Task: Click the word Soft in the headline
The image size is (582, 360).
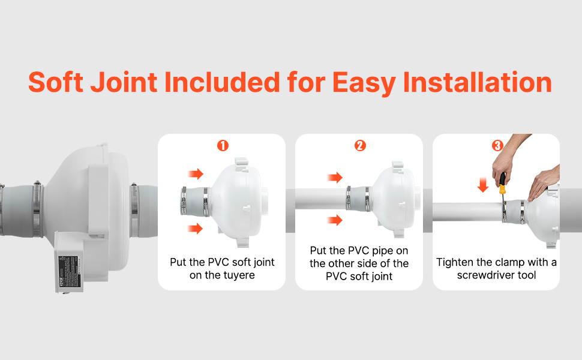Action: point(56,82)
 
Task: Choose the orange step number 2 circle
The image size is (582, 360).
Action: point(360,146)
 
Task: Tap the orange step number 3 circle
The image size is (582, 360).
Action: point(497,146)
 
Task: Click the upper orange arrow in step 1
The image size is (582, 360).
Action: point(196,174)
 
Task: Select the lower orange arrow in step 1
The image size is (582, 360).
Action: point(196,228)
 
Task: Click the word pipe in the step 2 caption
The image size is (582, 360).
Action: point(374,250)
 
